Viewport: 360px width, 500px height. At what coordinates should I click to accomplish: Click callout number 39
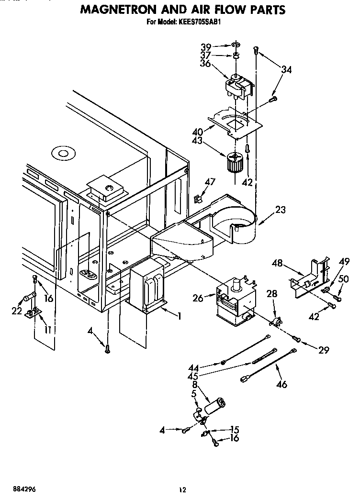click(205, 46)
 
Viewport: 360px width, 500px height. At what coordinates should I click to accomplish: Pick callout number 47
click(210, 182)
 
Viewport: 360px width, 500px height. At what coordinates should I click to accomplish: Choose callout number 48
click(277, 263)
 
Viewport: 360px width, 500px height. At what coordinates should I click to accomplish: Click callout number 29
click(324, 350)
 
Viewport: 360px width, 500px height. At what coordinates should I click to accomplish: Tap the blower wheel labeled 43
click(235, 163)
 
